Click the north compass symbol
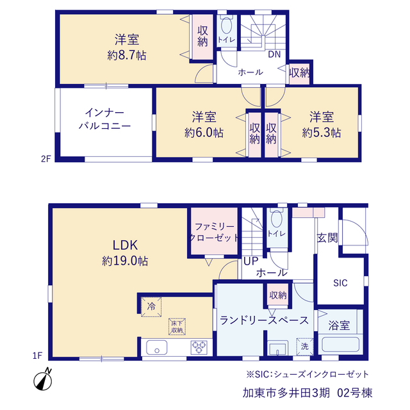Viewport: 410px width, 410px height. [43, 380]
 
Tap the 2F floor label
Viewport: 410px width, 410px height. [45, 159]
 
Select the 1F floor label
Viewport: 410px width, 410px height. [37, 356]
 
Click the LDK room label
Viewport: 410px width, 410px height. [125, 245]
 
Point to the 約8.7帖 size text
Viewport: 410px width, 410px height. [127, 55]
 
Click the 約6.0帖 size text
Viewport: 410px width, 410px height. [204, 133]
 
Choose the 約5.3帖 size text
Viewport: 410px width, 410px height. [322, 133]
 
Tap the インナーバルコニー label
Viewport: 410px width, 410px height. [104, 119]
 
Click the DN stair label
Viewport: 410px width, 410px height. [274, 54]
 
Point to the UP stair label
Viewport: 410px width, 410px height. [251, 261]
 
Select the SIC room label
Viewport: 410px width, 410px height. [340, 283]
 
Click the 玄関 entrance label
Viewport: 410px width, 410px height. [327, 238]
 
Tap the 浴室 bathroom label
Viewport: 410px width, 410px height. [339, 325]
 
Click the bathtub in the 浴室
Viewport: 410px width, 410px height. [340, 345]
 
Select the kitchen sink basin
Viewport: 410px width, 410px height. [156, 347]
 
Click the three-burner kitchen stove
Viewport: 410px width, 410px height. [199, 347]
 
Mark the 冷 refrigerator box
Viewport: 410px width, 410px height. [151, 307]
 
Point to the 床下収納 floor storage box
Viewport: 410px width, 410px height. [177, 327]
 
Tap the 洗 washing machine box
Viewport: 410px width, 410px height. [305, 347]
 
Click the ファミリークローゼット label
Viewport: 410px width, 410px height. [214, 232]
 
